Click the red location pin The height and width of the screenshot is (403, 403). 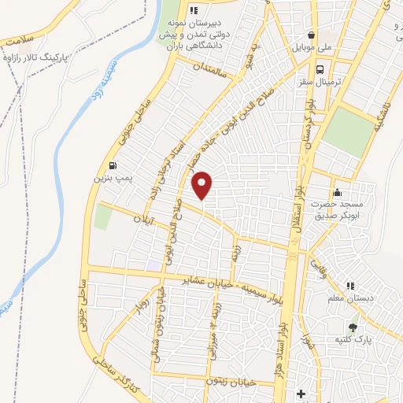[202, 185]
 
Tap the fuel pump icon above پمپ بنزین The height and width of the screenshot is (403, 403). [116, 165]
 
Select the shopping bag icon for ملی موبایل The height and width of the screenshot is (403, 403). [313, 35]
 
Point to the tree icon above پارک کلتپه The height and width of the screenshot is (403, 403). [352, 326]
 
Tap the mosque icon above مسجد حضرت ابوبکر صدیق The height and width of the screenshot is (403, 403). [337, 192]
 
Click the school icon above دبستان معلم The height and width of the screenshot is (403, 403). [351, 285]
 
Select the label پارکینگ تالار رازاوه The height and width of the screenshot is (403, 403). [36, 57]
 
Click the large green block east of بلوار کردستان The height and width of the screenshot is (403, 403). [348, 131]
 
